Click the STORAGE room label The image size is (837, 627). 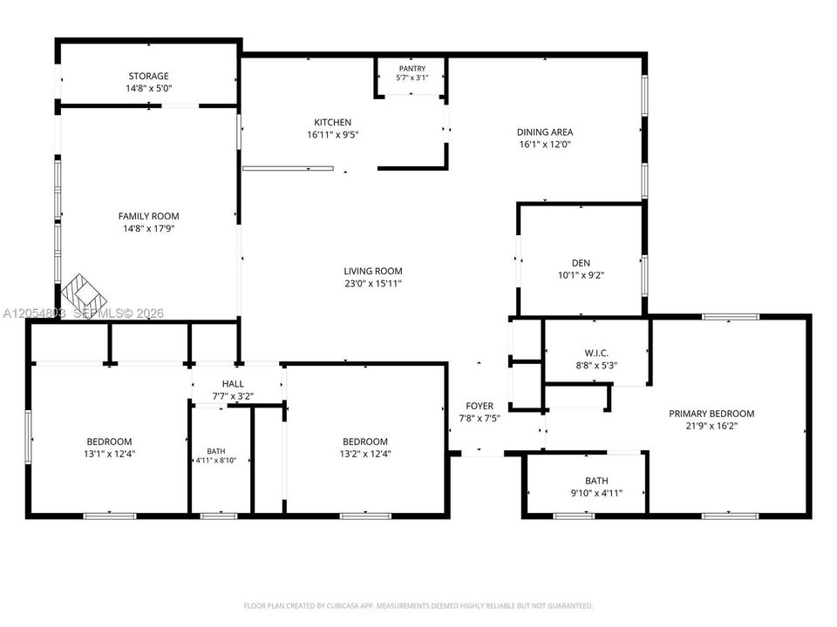coord(148,77)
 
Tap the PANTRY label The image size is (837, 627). coord(412,68)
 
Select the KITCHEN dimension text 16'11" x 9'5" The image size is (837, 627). coord(332,135)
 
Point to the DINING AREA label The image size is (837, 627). coord(545,132)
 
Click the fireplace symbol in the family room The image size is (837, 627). coord(84,296)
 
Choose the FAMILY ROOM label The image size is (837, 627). coord(148,216)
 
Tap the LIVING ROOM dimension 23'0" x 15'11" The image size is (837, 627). coord(372,284)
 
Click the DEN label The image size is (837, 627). coord(581,263)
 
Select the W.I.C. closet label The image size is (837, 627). coord(596,353)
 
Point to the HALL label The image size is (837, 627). coord(233,384)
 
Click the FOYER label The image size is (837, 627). coord(480,407)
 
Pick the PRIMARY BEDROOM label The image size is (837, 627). coord(711,414)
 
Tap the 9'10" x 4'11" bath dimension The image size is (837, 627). coord(596,493)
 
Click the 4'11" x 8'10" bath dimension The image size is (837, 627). coord(215,461)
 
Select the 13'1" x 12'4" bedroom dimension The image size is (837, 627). coord(110,454)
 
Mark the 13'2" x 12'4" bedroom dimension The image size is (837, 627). coord(365,454)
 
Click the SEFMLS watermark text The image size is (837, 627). coord(119,313)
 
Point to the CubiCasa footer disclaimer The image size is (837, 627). coord(418,606)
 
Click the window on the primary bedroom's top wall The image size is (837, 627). coord(731,317)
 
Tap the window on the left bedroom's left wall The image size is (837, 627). coord(28,436)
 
